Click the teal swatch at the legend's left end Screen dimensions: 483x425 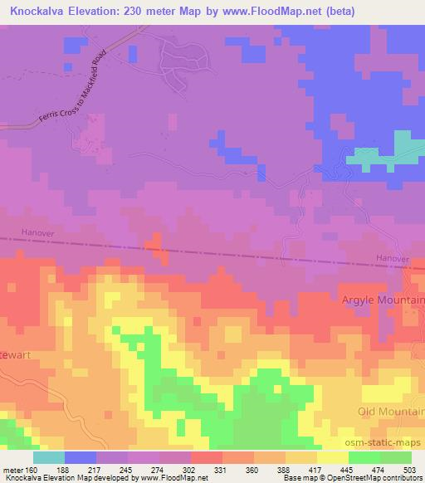(48, 457)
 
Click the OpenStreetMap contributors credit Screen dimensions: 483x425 (374, 478)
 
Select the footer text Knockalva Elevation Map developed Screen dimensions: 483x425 (58, 478)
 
